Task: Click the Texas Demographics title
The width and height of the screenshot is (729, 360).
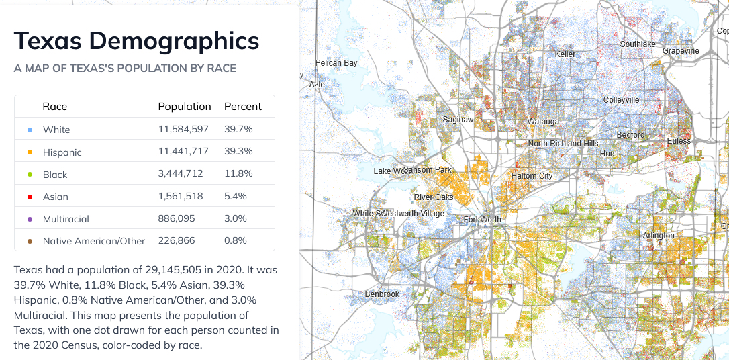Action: [136, 40]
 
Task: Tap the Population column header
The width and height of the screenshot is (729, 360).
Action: [185, 107]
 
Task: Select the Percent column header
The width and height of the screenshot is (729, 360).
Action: [243, 107]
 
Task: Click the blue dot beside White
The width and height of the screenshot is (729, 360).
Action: [30, 130]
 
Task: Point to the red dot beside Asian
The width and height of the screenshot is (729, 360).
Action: [30, 197]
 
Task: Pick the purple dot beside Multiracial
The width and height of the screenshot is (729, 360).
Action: [30, 219]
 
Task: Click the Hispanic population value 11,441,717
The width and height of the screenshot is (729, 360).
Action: [185, 152]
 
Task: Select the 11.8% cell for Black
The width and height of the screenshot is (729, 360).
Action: [238, 174]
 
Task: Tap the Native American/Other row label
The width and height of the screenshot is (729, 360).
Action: [94, 241]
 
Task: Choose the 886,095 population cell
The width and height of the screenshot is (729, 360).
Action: [177, 219]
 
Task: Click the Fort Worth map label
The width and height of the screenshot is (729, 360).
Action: [482, 220]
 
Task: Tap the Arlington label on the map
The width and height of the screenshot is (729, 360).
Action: [659, 236]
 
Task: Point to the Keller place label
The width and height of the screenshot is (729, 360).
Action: [565, 54]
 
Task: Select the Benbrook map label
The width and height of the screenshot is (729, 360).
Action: [382, 294]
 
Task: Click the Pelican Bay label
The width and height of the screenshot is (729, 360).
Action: [336, 63]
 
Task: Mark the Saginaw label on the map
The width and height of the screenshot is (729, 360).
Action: [458, 120]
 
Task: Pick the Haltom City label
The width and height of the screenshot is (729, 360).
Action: [532, 176]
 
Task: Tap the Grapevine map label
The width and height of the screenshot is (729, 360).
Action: [681, 51]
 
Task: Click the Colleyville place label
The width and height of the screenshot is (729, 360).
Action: [621, 100]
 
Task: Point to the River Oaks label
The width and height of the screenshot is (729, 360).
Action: [434, 197]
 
